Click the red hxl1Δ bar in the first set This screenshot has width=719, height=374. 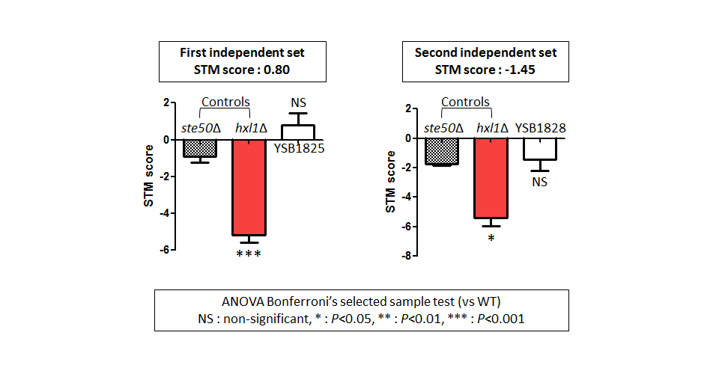pyautogui.click(x=249, y=187)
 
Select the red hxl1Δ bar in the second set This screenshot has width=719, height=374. pyautogui.click(x=491, y=178)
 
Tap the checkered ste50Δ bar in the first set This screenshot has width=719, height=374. pyautogui.click(x=200, y=148)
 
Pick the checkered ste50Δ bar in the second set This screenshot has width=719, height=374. pyautogui.click(x=442, y=151)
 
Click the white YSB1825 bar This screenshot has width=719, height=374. pyautogui.click(x=298, y=132)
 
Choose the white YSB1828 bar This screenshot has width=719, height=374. pyautogui.click(x=540, y=149)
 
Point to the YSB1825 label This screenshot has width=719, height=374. pyautogui.click(x=299, y=148)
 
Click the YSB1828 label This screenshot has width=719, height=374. pyautogui.click(x=540, y=128)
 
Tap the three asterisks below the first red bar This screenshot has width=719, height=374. pyautogui.click(x=249, y=254)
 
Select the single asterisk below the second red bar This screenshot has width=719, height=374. pyautogui.click(x=491, y=238)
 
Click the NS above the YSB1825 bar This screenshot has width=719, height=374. pyautogui.click(x=299, y=102)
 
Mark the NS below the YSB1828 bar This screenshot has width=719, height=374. pyautogui.click(x=540, y=183)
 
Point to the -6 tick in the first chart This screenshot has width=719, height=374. pyautogui.click(x=165, y=250)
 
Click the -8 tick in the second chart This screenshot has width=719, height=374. pyautogui.click(x=406, y=256)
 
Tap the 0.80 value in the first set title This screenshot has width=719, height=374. pyautogui.click(x=276, y=70)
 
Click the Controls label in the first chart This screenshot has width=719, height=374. pyautogui.click(x=225, y=102)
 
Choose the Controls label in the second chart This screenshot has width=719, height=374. pyautogui.click(x=465, y=102)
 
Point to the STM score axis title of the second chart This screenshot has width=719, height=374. pyautogui.click(x=390, y=182)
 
